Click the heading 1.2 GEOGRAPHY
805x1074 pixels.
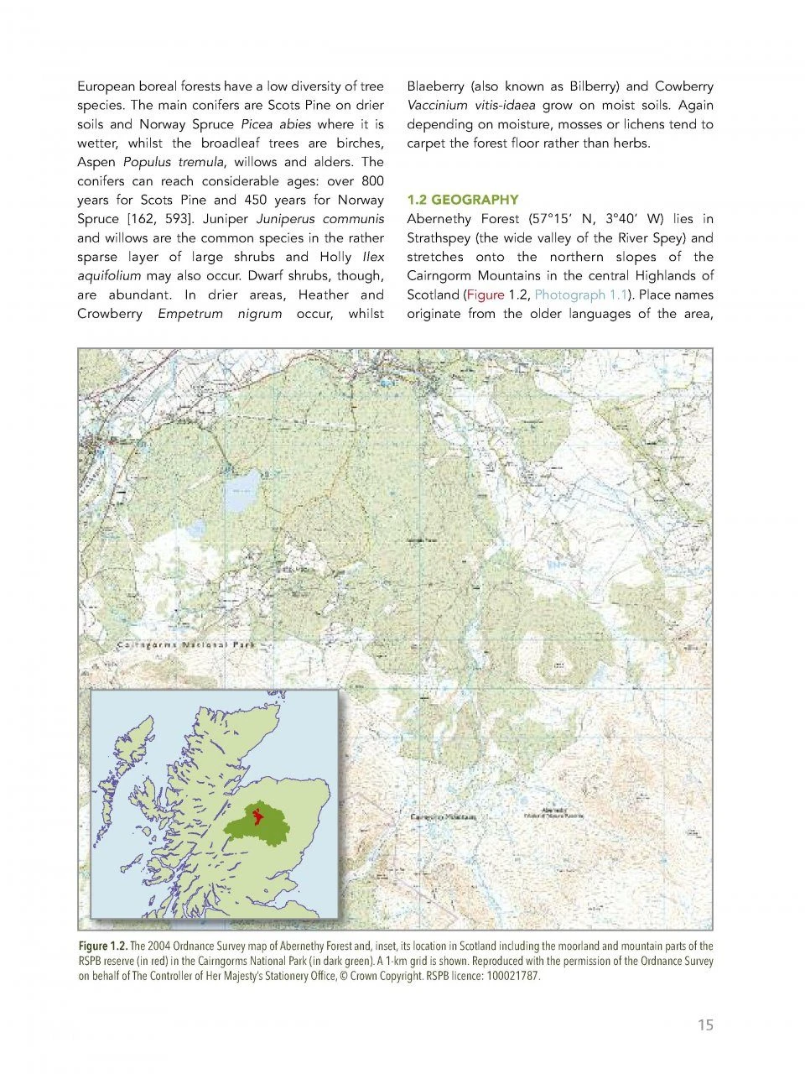click(x=462, y=200)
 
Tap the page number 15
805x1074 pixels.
click(x=705, y=1024)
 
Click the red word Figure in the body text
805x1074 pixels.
click(x=486, y=295)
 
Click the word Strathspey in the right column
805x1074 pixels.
click(x=441, y=237)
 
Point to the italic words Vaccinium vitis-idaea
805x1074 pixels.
click(x=470, y=106)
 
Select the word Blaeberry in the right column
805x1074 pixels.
click(x=434, y=86)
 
